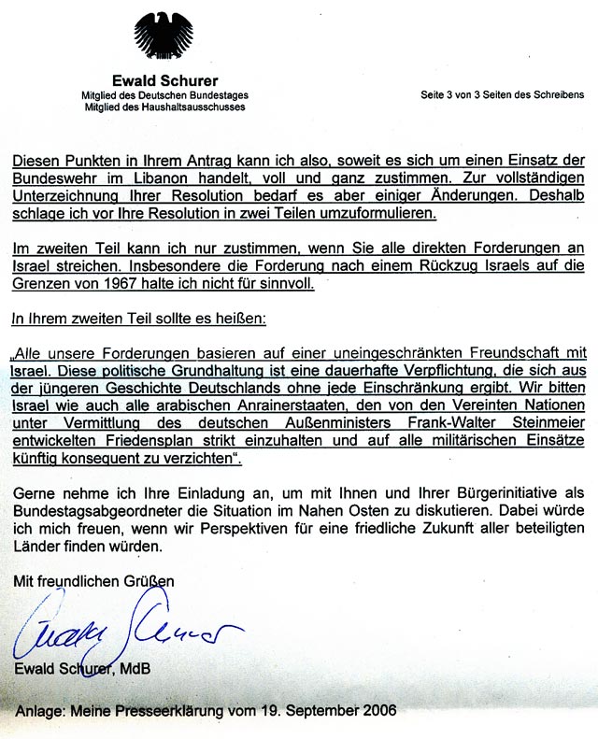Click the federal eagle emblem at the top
tap(164, 36)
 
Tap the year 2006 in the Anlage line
tap(378, 711)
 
